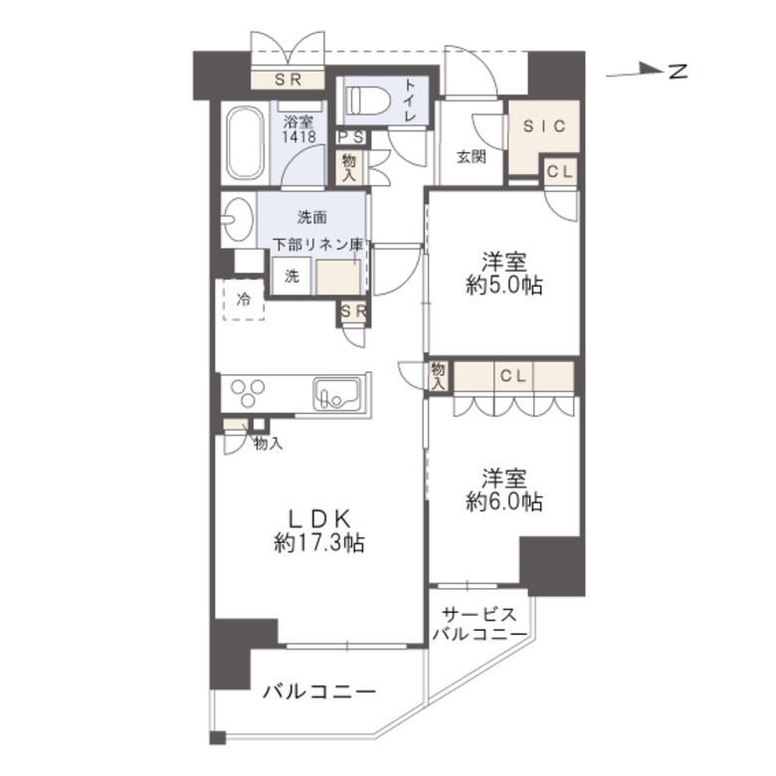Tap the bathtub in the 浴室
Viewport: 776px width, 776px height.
[244, 144]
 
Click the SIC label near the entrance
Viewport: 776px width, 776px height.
[543, 125]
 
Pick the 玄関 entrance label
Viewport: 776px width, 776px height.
[471, 157]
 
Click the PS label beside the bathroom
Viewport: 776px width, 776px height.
[349, 137]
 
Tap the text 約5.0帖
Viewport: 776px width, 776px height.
[504, 287]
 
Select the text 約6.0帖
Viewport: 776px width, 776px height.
[504, 501]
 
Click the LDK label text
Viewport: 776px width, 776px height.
[318, 518]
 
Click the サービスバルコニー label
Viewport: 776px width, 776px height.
[479, 624]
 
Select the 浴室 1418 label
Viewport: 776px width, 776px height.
[299, 129]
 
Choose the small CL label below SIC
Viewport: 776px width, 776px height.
[559, 171]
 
